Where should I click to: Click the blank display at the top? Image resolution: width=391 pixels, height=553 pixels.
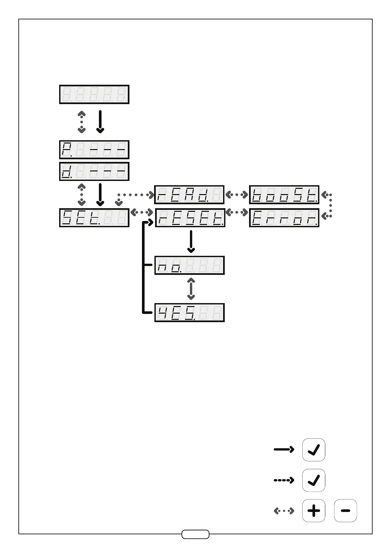coord(94,95)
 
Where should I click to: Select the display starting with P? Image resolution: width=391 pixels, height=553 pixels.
coord(94,150)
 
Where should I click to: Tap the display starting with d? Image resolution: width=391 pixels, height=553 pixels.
coord(94,171)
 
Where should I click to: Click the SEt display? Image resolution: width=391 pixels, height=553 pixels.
coord(94,217)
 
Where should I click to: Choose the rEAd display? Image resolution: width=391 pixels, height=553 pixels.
coord(189,195)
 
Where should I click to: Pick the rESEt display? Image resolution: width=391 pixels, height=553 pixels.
coord(190,217)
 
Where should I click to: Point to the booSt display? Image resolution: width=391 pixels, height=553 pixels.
coord(284,195)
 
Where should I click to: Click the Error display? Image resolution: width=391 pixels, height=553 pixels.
coord(284,217)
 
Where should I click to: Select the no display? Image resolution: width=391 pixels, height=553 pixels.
coord(189,265)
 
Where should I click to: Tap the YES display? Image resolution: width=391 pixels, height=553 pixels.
coord(189,312)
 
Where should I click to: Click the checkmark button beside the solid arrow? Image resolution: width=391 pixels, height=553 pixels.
coord(313,450)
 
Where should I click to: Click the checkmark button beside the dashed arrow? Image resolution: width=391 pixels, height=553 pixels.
coord(313,480)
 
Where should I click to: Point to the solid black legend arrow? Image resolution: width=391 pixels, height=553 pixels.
coord(284,450)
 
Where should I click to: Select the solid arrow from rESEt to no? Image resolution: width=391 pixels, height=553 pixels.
coord(191,241)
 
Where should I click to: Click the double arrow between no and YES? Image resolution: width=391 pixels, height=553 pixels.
coord(191,289)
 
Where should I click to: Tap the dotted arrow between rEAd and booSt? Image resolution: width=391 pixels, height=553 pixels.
coord(237,195)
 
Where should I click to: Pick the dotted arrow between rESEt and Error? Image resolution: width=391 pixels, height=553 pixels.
coord(237,213)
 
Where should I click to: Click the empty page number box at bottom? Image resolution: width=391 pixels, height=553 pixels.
coord(195,534)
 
